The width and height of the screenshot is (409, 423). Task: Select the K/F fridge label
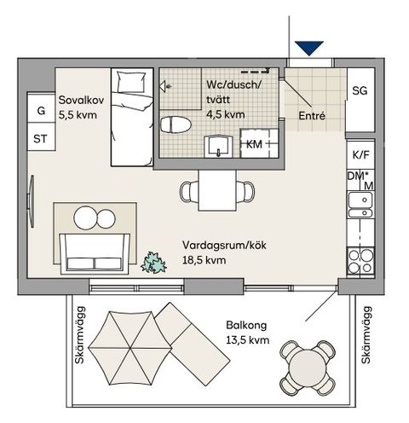pyautogui.click(x=360, y=155)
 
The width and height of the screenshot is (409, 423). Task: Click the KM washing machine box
pyautogui.click(x=254, y=145)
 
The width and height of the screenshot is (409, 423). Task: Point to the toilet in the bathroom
pyautogui.click(x=176, y=125)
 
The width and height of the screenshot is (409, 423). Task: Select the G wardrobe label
pyautogui.click(x=38, y=110)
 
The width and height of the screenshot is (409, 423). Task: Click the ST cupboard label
pyautogui.click(x=38, y=138)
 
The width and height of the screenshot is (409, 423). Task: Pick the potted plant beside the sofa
pyautogui.click(x=153, y=262)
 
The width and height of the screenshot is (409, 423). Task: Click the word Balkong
pyautogui.click(x=247, y=325)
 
